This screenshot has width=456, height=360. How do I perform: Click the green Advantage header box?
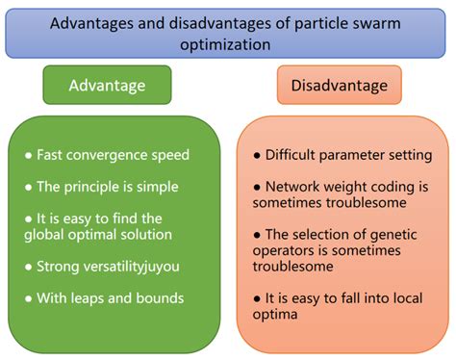tap(107, 85)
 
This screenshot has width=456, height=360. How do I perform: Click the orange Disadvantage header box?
tap(339, 85)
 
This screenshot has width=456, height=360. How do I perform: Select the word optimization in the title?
tap(227, 44)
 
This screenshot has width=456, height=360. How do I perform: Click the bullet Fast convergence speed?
tap(113, 154)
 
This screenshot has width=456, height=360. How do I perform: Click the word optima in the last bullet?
tap(273, 313)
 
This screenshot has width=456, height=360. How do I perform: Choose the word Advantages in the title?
tap(91, 22)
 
